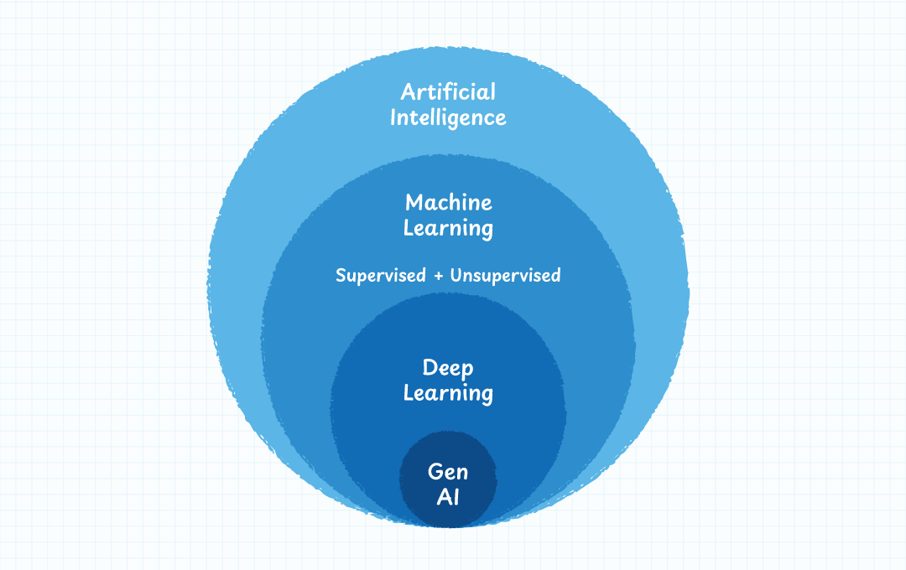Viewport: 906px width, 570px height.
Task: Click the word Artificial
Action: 448,91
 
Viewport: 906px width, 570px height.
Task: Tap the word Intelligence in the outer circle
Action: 448,117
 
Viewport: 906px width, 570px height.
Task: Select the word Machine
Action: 448,202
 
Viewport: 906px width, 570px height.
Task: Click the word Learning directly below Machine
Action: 448,229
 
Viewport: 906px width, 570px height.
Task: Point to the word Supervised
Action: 381,276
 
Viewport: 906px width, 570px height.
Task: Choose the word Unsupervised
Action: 505,276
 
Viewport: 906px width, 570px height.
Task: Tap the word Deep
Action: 448,368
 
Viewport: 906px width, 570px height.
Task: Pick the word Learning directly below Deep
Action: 448,393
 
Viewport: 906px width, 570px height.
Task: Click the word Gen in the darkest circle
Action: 448,472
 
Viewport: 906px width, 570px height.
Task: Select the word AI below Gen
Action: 448,497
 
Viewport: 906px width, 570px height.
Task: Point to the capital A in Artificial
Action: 409,91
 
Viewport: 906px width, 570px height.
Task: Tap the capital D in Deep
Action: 430,367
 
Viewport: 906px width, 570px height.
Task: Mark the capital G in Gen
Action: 435,471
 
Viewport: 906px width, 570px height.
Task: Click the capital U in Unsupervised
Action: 456,275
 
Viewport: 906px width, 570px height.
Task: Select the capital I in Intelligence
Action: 394,117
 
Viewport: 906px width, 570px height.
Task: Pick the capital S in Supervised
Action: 341,275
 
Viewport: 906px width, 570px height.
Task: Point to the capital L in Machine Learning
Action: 409,227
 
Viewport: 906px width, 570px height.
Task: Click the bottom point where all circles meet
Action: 448,527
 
